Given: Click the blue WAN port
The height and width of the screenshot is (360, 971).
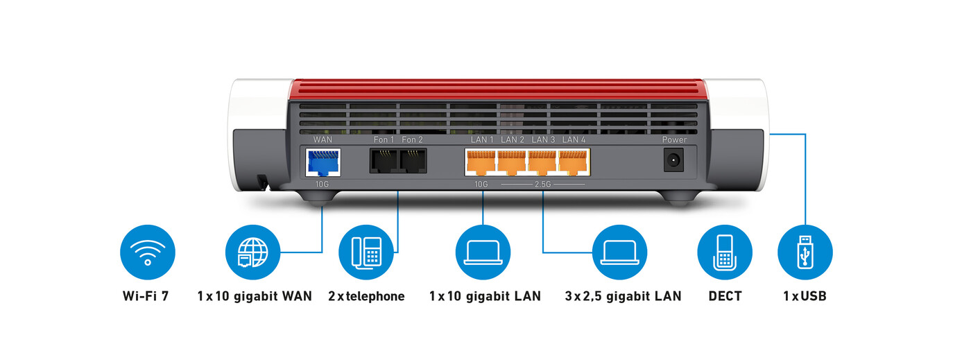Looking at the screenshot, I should click(323, 163).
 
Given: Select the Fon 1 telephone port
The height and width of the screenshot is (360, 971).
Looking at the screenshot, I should click(384, 162).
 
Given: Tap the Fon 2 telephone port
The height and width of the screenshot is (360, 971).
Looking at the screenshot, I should click(413, 162).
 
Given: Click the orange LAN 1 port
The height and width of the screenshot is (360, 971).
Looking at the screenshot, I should click(481, 163).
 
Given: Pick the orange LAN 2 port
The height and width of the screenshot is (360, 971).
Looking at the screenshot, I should click(512, 163).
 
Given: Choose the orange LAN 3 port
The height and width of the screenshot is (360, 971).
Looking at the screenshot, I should click(542, 163).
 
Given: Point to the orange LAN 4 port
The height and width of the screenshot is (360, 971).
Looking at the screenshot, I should click(573, 163).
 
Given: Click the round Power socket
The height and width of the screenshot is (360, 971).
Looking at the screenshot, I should click(672, 162).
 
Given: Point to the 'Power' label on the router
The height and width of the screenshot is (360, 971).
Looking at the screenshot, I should click(674, 139).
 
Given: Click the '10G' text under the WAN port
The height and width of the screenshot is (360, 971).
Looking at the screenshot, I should click(323, 185).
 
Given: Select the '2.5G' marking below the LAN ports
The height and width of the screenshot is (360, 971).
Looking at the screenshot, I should click(543, 185).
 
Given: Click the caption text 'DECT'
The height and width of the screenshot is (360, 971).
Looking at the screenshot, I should click(725, 296).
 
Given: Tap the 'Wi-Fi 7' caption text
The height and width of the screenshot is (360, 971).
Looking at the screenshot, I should click(146, 296).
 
